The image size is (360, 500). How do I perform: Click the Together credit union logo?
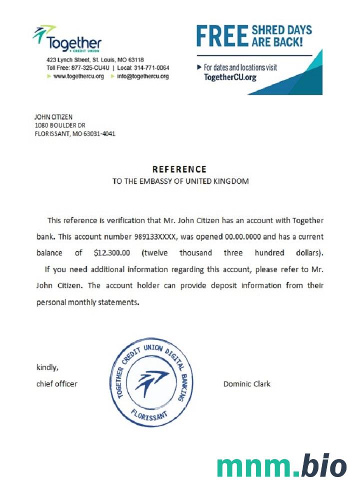click(x=67, y=39)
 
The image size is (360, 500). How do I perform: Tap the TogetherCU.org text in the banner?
click(x=230, y=77)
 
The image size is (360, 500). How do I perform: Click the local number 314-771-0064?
click(x=151, y=68)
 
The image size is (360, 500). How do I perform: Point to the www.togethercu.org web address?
click(x=78, y=76)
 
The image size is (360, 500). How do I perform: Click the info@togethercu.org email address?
click(x=142, y=76)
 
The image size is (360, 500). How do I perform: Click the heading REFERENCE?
click(x=179, y=169)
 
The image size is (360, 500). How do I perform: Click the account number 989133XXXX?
click(x=155, y=236)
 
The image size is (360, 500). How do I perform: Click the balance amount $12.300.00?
click(x=112, y=253)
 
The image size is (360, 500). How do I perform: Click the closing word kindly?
click(x=47, y=367)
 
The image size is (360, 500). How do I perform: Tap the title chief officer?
click(x=57, y=384)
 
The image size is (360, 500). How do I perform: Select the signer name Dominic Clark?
click(x=246, y=384)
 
